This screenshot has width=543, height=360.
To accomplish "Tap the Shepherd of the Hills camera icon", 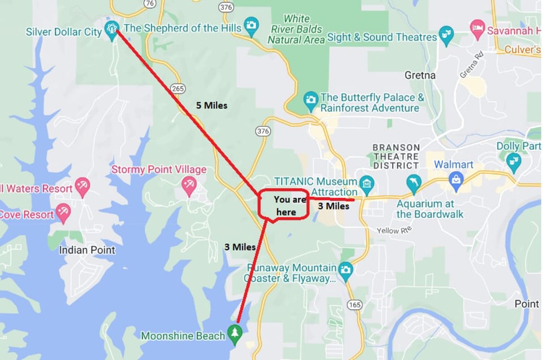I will click(251, 25).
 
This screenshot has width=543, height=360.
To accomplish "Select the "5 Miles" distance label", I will click(211, 105).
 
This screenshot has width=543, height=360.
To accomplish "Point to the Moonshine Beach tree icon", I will click(235, 333).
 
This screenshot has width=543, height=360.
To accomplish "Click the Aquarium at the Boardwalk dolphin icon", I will click(413, 183).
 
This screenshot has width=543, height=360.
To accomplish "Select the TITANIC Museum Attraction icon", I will click(367, 183).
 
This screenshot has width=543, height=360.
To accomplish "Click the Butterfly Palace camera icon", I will click(310, 99).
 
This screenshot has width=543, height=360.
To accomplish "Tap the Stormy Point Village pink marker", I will click(189, 185).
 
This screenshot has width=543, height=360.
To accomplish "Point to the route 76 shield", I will click(149, 3).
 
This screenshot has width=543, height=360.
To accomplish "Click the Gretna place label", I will click(420, 75).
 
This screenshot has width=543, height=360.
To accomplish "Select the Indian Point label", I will click(87, 250).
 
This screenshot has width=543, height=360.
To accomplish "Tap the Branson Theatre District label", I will click(396, 157).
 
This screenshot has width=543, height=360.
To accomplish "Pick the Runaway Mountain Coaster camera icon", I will click(346, 269).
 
